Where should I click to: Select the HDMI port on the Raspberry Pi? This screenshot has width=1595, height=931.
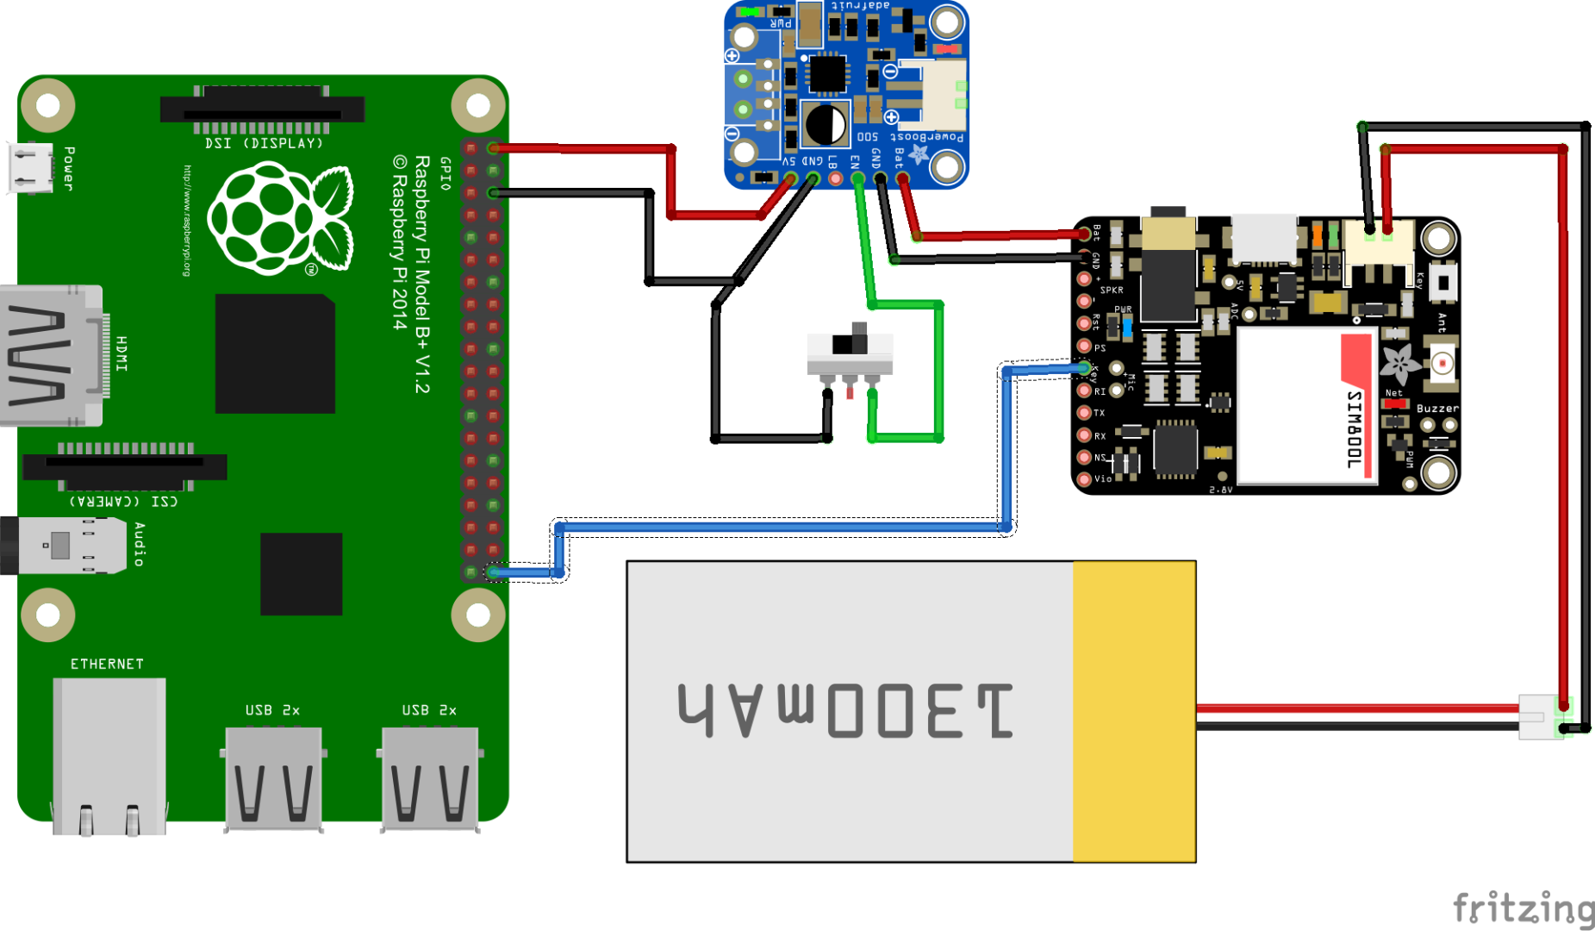[x=52, y=355]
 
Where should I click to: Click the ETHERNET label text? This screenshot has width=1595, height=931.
[x=107, y=664]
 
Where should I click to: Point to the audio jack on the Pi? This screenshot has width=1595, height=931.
[x=65, y=546]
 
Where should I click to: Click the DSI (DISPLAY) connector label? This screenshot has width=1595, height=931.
[x=264, y=143]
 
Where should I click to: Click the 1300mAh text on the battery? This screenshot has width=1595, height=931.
[x=844, y=711]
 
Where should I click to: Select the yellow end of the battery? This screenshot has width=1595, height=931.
[x=1134, y=711]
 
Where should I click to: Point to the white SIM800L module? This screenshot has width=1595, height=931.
[x=1305, y=405]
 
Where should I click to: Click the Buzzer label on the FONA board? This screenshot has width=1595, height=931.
[x=1437, y=409]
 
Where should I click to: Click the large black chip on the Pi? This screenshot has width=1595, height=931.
[x=275, y=353]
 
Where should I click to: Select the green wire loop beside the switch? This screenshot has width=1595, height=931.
[x=938, y=371]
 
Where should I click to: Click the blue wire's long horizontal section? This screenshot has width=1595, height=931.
[x=776, y=526]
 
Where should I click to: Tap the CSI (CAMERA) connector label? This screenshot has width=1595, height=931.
[x=123, y=501]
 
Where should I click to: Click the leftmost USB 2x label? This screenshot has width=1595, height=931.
[x=272, y=710]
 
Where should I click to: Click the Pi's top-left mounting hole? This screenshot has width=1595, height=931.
[x=47, y=105]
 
